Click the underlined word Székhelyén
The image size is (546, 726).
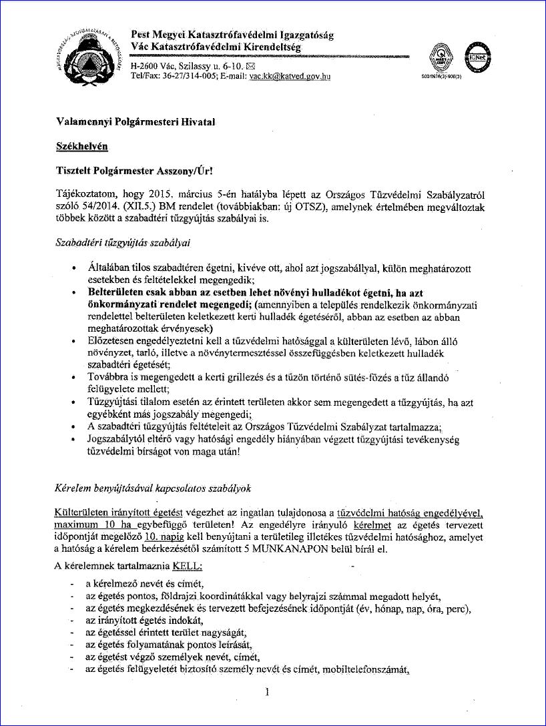pyautogui.click(x=82, y=145)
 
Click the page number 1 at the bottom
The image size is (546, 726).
pyautogui.click(x=266, y=691)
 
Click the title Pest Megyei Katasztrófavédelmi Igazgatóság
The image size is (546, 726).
pyautogui.click(x=232, y=35)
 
